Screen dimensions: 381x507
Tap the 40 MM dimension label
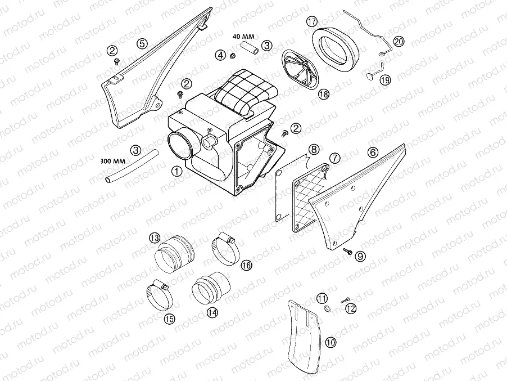click(243, 37)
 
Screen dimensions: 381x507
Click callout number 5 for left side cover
click(143, 43)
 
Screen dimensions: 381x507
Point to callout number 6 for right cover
click(372, 153)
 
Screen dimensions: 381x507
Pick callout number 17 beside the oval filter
click(313, 22)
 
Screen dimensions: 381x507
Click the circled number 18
click(324, 95)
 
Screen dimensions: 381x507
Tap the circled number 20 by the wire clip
click(399, 41)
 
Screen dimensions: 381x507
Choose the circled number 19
click(384, 80)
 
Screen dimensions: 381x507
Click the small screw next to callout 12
click(343, 302)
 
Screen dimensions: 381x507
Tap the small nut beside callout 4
click(230, 55)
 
